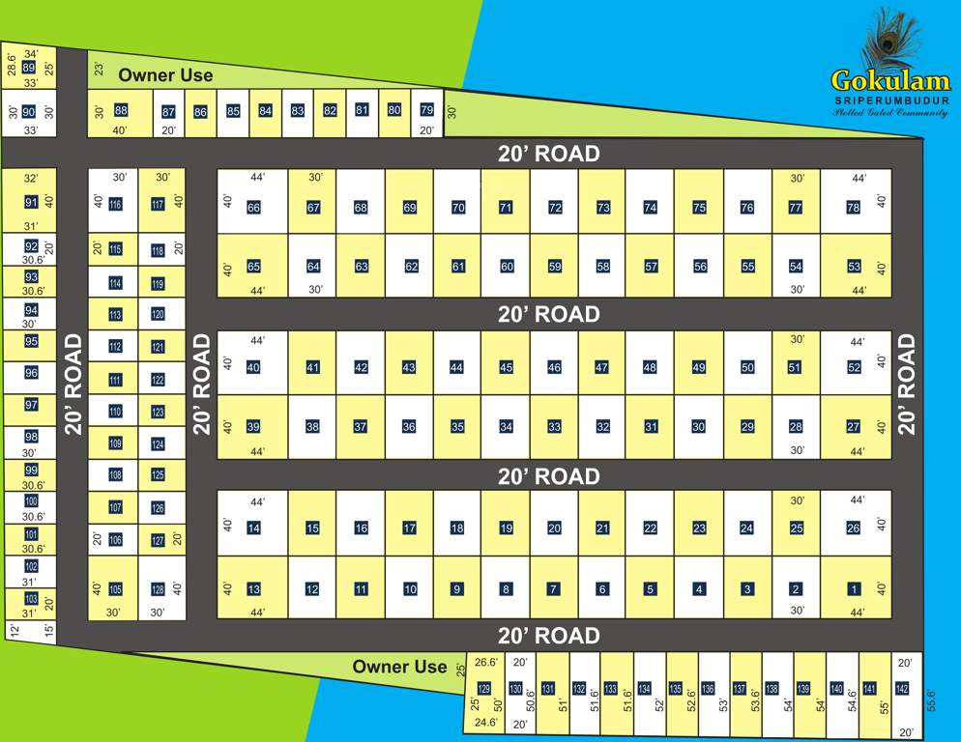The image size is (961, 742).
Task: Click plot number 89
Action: (x=28, y=68)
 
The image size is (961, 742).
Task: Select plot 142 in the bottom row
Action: (x=902, y=688)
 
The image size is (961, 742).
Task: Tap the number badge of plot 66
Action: (x=253, y=208)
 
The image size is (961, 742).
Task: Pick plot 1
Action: (x=854, y=588)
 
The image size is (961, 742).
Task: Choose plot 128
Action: (x=158, y=589)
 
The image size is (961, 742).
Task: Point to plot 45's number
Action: (x=506, y=367)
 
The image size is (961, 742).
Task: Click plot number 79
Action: (x=426, y=110)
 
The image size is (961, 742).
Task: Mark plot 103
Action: (x=31, y=599)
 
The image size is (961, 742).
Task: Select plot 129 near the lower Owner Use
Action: (x=484, y=688)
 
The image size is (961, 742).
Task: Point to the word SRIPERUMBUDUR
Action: (x=891, y=100)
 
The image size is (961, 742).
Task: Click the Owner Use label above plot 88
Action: (x=165, y=75)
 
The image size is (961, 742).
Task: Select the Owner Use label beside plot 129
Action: (x=399, y=667)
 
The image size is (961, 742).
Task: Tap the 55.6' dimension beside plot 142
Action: (x=931, y=701)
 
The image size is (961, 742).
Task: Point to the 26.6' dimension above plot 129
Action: (x=485, y=663)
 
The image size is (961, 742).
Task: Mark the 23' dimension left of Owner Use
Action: (x=99, y=70)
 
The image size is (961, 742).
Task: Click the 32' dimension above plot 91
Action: (x=31, y=179)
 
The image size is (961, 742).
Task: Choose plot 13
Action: (x=253, y=589)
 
